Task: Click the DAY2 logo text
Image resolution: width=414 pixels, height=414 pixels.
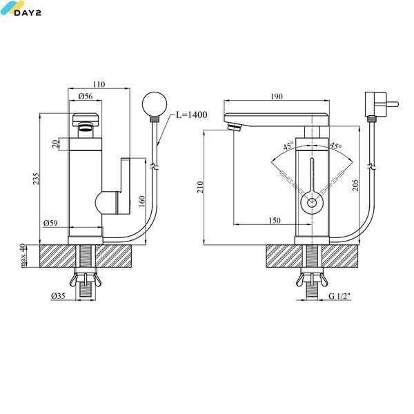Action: [x=28, y=12]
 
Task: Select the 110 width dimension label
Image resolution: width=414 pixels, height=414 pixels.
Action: [x=99, y=84]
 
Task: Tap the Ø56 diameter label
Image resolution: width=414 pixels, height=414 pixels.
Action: [x=86, y=97]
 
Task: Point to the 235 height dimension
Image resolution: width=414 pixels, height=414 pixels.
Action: [x=36, y=179]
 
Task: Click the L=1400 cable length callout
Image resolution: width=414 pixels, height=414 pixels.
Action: [x=191, y=115]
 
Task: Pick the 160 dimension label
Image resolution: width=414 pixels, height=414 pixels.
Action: [x=141, y=201]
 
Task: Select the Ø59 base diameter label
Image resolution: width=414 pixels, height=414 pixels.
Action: [x=50, y=223]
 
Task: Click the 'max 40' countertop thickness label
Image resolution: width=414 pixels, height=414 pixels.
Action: [x=23, y=255]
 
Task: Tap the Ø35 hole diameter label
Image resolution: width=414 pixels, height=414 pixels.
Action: [x=58, y=296]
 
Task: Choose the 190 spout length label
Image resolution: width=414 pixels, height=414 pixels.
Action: [x=277, y=97]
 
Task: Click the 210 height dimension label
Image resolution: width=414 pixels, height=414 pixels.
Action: [x=200, y=187]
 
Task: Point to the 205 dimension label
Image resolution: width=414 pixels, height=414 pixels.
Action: [x=355, y=185]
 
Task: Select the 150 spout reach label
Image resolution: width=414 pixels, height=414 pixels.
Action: [x=275, y=220]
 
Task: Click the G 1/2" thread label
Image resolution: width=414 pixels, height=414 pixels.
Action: [x=339, y=296]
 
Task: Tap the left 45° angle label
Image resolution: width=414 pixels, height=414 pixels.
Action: [x=288, y=146]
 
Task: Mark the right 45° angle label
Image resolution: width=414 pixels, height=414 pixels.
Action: [x=336, y=146]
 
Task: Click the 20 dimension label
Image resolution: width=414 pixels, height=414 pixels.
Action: [x=55, y=144]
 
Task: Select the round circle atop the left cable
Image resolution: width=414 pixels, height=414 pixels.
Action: [x=155, y=104]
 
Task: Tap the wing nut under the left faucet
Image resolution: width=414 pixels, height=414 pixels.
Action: [x=86, y=280]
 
